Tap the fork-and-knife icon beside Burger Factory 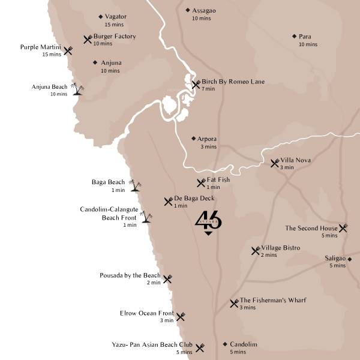pos(88,39)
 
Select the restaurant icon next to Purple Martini pos(68,51)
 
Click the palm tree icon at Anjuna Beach pos(77,89)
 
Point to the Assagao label pos(204,10)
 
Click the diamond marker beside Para pos(294,37)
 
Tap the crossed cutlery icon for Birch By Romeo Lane pos(196,85)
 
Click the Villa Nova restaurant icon pos(275,163)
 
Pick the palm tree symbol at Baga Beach pos(136,185)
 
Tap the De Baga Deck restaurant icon pos(169,201)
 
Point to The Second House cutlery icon pos(343,228)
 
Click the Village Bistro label pos(280,248)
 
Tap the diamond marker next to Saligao pos(349,259)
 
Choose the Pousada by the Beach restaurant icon pos(167,278)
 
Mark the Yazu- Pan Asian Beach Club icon pos(200,347)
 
